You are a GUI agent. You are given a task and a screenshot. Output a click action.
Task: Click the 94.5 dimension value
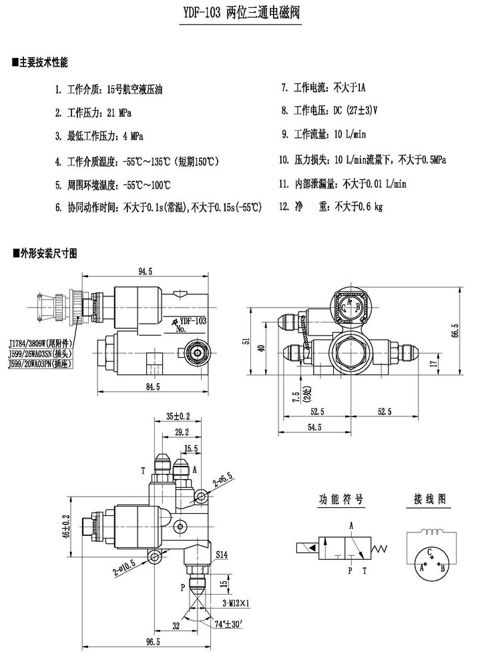tap(145, 271)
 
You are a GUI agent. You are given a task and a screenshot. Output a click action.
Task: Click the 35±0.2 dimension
tap(178, 416)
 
